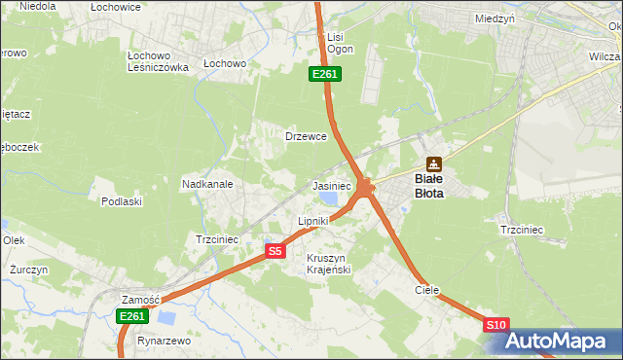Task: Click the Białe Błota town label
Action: [x=428, y=186]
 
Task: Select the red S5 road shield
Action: [x=275, y=251]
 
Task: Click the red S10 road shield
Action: [x=495, y=325]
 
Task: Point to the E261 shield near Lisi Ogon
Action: [x=324, y=74]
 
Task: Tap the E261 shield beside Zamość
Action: [x=132, y=316]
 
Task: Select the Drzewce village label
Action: [x=306, y=136]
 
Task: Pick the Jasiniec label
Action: [x=331, y=185]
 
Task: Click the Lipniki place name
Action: [x=313, y=222]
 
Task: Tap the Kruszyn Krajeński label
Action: [x=328, y=263]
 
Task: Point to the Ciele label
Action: [x=427, y=290]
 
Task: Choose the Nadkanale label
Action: [x=206, y=183]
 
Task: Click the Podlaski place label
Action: [x=122, y=201]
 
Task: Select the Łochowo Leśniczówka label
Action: [x=158, y=61]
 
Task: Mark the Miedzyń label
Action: [x=495, y=18]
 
